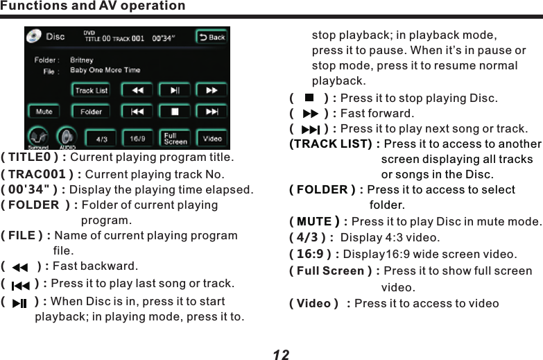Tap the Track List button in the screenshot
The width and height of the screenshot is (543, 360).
coord(91,90)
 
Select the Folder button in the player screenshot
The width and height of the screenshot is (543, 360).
coord(91,112)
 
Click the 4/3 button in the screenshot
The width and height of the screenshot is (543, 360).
coord(101,139)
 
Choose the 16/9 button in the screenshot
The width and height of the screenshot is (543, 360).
coord(138,139)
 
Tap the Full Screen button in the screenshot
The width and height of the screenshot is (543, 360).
coord(175,138)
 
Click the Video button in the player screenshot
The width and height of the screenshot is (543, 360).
coord(212,139)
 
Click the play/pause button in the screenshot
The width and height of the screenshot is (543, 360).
coord(175,90)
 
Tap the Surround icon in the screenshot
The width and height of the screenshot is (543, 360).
coord(38,137)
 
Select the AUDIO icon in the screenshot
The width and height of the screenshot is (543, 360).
coord(67,137)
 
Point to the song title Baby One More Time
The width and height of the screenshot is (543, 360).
coord(105,70)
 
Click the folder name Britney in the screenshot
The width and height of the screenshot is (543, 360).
coord(82,60)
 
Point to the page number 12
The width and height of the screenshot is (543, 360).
coord(281,354)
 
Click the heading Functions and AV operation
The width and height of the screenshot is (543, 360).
coord(93,6)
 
